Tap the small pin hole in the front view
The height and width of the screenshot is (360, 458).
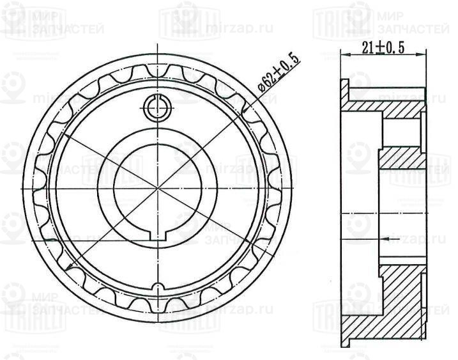pyautogui.click(x=156, y=107)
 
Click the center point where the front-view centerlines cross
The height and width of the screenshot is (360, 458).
pyautogui.click(x=156, y=190)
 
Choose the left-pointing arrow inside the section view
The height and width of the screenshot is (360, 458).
pyautogui.click(x=384, y=238)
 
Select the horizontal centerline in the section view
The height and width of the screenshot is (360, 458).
pyautogui.click(x=383, y=211)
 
